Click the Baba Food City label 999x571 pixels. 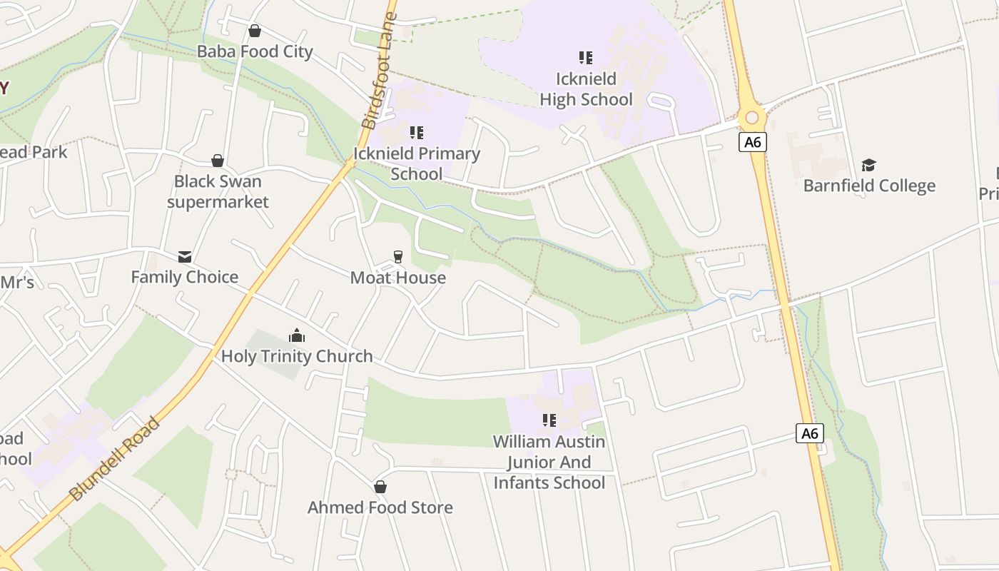pyautogui.click(x=255, y=51)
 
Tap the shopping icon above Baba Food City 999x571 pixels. pyautogui.click(x=255, y=31)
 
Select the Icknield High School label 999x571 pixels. pyautogui.click(x=586, y=89)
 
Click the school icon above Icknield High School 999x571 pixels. pyautogui.click(x=586, y=57)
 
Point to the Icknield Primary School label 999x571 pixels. pyautogui.click(x=417, y=163)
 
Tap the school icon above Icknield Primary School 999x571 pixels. pyautogui.click(x=417, y=132)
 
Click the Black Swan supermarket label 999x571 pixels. pyautogui.click(x=218, y=191)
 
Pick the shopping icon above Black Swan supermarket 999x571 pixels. pyautogui.click(x=218, y=161)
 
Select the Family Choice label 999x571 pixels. pyautogui.click(x=185, y=277)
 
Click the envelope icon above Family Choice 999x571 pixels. pyautogui.click(x=185, y=256)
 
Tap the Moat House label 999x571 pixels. pyautogui.click(x=398, y=278)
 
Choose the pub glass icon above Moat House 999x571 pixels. pyautogui.click(x=398, y=257)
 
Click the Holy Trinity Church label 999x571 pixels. pyautogui.click(x=297, y=356)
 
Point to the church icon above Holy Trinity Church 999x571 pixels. pyautogui.click(x=297, y=335)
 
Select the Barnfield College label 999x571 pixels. pyautogui.click(x=869, y=186)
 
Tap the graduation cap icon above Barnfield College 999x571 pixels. pyautogui.click(x=868, y=165)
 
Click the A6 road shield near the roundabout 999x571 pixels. pyautogui.click(x=752, y=142)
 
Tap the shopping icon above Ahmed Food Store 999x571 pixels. pyautogui.click(x=380, y=487)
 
